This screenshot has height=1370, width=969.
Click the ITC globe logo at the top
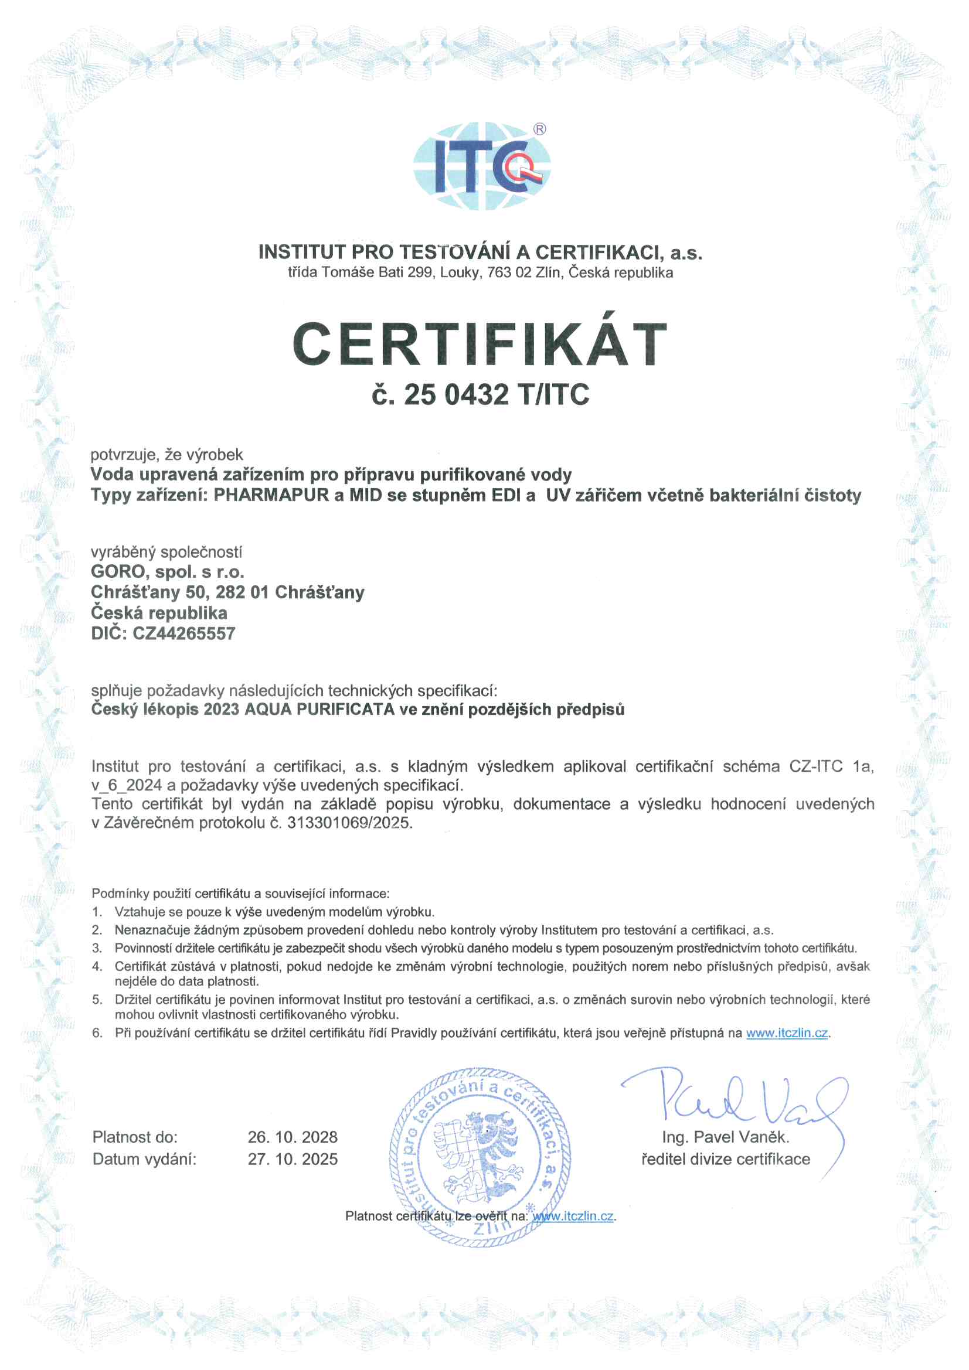481,166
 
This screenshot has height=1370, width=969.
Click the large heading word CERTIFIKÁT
480,345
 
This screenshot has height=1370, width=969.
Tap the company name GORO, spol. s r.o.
167,572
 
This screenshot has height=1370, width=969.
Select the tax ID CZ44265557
184,633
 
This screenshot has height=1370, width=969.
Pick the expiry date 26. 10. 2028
293,1137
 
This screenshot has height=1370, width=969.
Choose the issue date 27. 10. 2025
293,1159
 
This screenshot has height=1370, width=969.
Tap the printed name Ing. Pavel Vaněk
725,1137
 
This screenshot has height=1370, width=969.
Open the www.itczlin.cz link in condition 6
786,1033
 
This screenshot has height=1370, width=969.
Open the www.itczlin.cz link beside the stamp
573,1216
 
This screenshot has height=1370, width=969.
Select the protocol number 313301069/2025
349,823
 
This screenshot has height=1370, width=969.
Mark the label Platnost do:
135,1137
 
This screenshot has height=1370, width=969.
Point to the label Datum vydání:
144,1159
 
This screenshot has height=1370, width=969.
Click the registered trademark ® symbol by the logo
539,129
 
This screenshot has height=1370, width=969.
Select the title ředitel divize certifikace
725,1159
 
